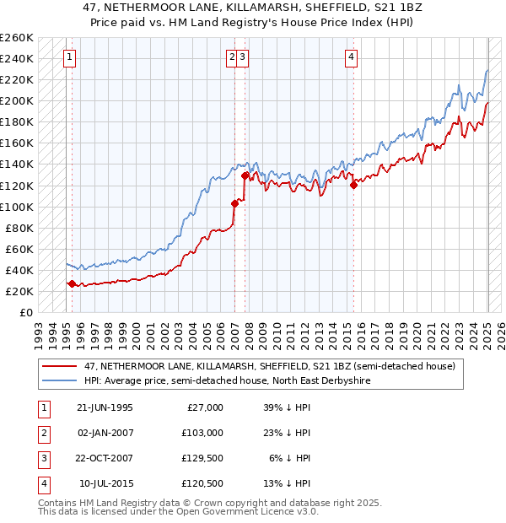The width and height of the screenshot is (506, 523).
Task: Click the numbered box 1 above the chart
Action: pos(68,57)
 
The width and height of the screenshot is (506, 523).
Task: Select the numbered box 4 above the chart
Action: pos(350,57)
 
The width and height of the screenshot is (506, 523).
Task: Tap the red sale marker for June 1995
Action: pos(72,284)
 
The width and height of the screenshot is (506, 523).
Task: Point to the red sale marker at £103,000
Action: pos(234,203)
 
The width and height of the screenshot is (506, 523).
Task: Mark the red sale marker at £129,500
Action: pos(245,175)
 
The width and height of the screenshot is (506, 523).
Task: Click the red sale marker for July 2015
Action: pos(353,186)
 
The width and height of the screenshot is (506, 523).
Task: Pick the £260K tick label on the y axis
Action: pos(17,38)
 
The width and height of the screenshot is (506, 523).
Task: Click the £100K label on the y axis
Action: pos(17,207)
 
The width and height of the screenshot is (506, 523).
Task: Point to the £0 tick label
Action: pos(27,312)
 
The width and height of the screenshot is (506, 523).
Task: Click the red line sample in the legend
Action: pos(60,366)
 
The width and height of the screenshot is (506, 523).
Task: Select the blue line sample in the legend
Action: pos(60,380)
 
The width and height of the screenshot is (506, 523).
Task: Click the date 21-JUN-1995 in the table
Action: pos(105,407)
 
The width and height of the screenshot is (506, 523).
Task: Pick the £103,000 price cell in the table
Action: pos(203,433)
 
